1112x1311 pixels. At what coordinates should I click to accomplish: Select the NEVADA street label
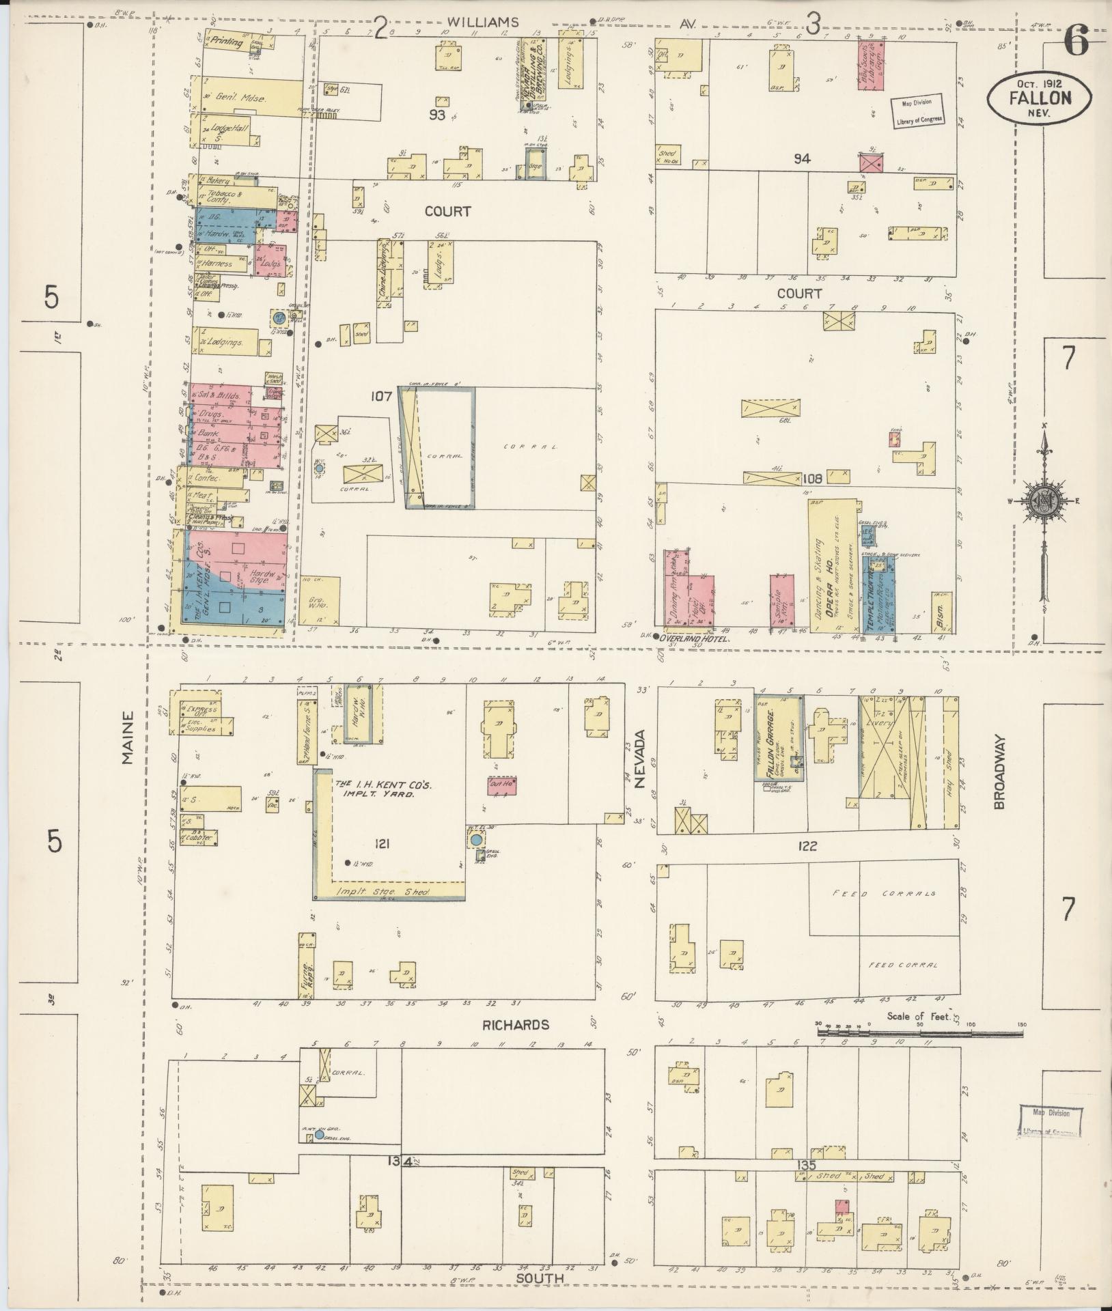pyautogui.click(x=640, y=759)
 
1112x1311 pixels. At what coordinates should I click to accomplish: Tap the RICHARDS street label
pyautogui.click(x=516, y=1025)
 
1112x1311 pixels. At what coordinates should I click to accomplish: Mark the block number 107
pyautogui.click(x=381, y=395)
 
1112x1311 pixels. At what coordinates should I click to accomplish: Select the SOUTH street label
pyautogui.click(x=540, y=1278)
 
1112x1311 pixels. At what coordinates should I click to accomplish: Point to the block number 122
pyautogui.click(x=807, y=846)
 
